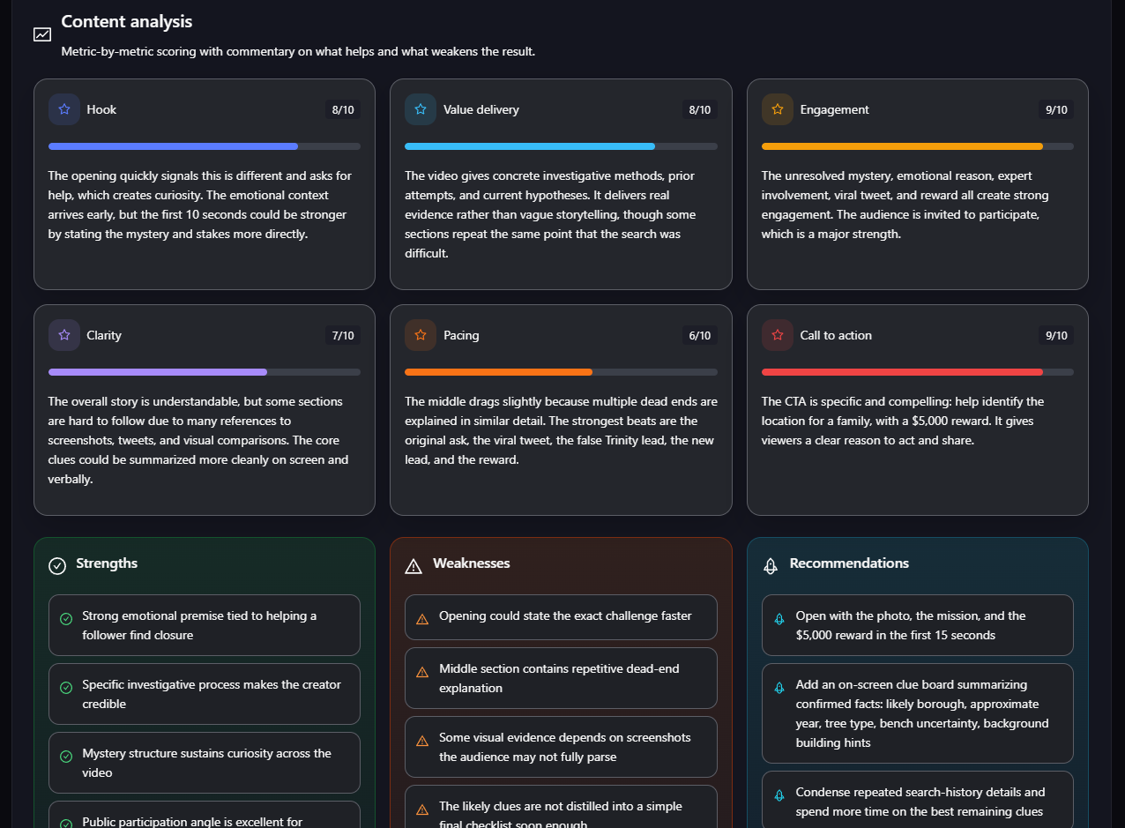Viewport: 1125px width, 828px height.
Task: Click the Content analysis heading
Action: (127, 22)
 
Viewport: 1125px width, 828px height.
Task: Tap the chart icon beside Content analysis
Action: (42, 34)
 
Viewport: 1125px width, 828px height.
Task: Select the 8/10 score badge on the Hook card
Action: (343, 109)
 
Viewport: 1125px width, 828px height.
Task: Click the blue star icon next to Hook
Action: (64, 109)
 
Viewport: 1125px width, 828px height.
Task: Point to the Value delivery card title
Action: (481, 109)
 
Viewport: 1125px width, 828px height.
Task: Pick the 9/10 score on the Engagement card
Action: (1056, 109)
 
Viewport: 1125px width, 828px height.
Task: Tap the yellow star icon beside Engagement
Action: (778, 109)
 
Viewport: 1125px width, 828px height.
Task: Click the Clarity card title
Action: (104, 335)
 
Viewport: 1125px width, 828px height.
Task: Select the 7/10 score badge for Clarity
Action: (343, 335)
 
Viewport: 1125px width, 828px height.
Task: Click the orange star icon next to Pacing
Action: (421, 334)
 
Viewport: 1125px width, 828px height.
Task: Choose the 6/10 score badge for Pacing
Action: (700, 335)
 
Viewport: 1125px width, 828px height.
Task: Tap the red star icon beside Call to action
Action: (778, 334)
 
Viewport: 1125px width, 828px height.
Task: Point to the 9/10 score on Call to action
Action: (1056, 335)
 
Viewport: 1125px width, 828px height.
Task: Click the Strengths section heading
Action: (107, 563)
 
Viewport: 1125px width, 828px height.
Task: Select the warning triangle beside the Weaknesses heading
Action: (413, 566)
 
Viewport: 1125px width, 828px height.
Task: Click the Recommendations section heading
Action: (849, 563)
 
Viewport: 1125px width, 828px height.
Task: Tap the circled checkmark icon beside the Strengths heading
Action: (57, 566)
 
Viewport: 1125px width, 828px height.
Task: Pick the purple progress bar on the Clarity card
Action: (158, 372)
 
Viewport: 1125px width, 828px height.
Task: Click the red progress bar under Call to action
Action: (902, 372)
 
